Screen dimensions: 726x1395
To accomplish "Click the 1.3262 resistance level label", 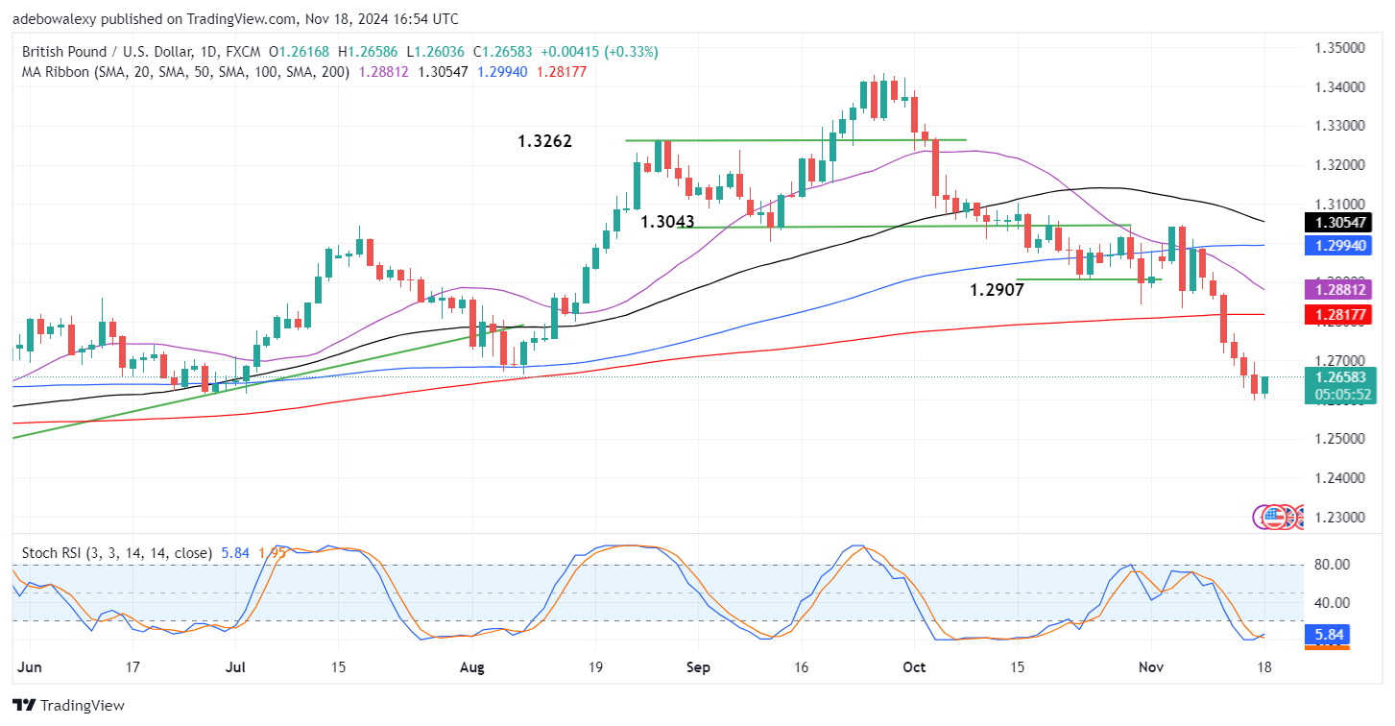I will click(x=545, y=141).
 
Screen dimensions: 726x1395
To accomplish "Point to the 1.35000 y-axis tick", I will click(x=1338, y=47).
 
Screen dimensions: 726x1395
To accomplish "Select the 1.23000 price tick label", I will click(x=1338, y=517).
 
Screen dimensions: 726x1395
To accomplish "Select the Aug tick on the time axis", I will click(x=469, y=666).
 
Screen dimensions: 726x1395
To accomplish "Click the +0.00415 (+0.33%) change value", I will click(x=599, y=52).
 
